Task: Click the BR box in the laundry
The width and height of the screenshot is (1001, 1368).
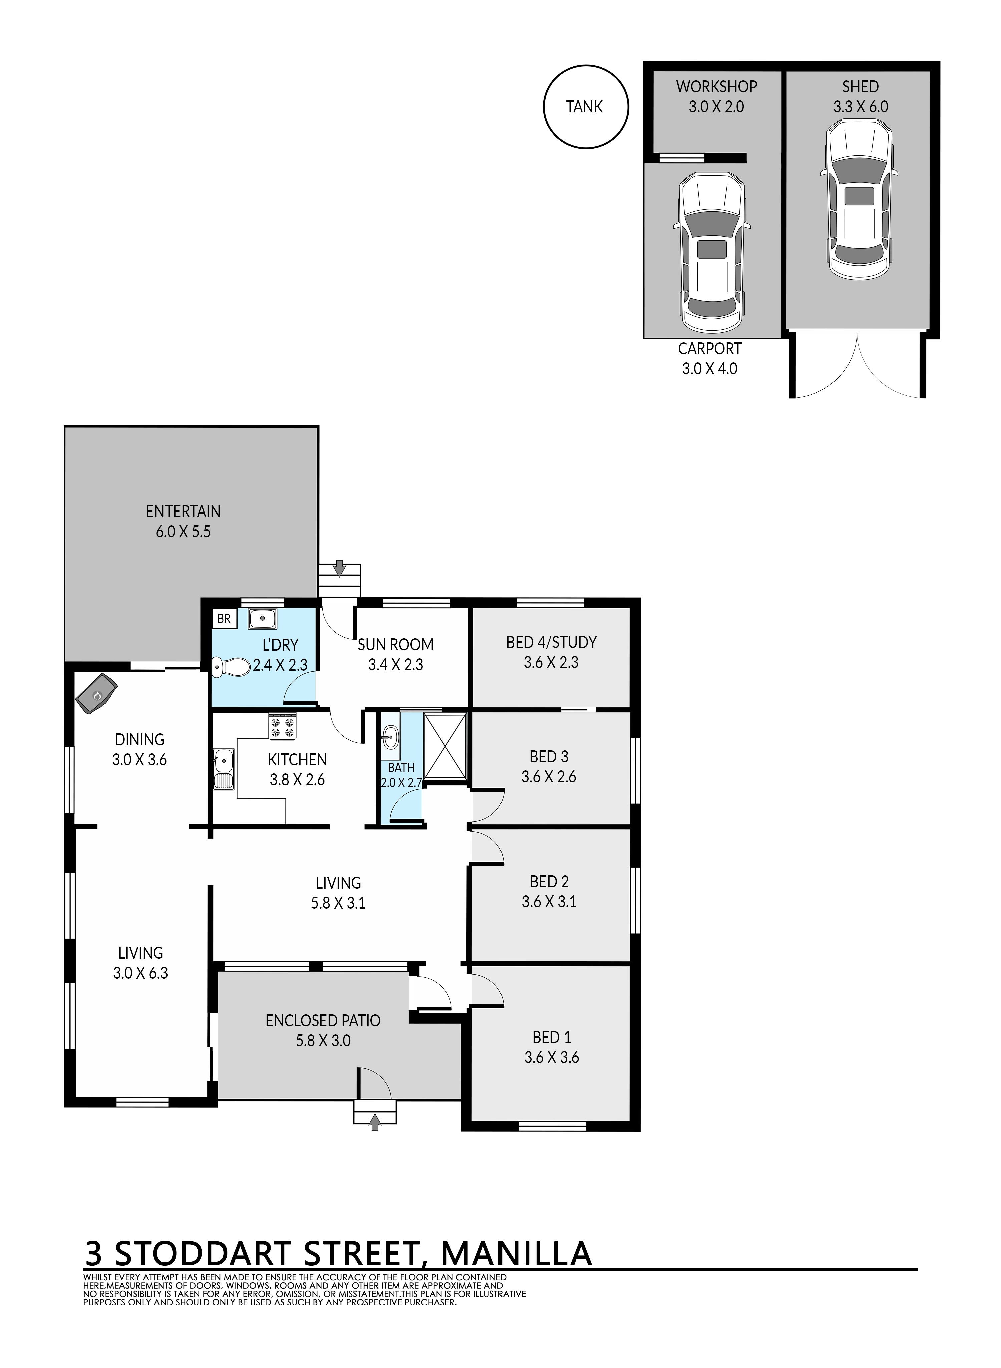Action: pos(224,619)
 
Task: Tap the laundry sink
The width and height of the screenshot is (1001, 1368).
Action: pos(263,619)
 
